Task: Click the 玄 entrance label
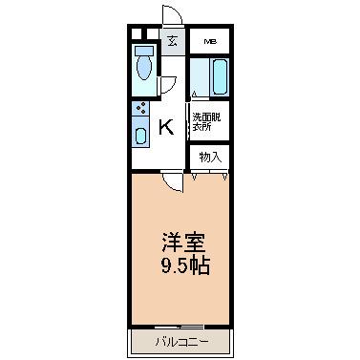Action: pyautogui.click(x=172, y=41)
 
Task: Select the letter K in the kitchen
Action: pyautogui.click(x=165, y=126)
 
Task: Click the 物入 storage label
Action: pyautogui.click(x=210, y=156)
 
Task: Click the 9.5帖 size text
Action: pyautogui.click(x=181, y=266)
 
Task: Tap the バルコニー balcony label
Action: pyautogui.click(x=180, y=340)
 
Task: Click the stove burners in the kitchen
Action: pyautogui.click(x=141, y=109)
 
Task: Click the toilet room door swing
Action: pyautogui.click(x=165, y=84)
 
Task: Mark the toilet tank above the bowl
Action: pyautogui.click(x=144, y=50)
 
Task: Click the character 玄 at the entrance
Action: pyautogui.click(x=172, y=41)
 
